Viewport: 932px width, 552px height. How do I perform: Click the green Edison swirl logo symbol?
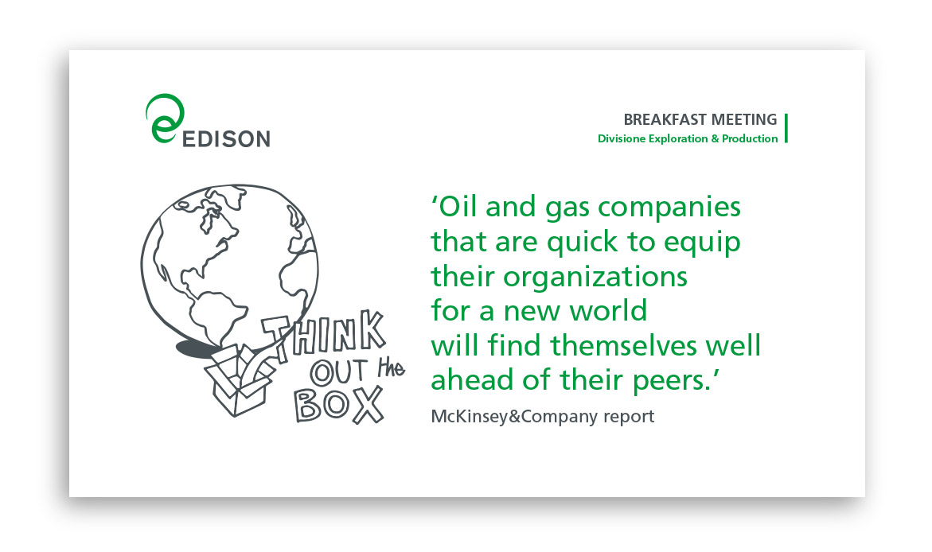(x=164, y=119)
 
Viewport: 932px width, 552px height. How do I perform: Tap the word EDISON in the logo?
(x=227, y=138)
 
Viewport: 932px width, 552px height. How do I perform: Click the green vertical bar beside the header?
(x=786, y=128)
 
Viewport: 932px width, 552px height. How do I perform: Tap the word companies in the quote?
(x=669, y=208)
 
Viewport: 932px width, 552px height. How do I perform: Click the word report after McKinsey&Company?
(x=629, y=418)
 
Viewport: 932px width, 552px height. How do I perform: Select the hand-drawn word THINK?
(x=324, y=336)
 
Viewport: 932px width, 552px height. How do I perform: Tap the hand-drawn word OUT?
(x=339, y=372)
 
